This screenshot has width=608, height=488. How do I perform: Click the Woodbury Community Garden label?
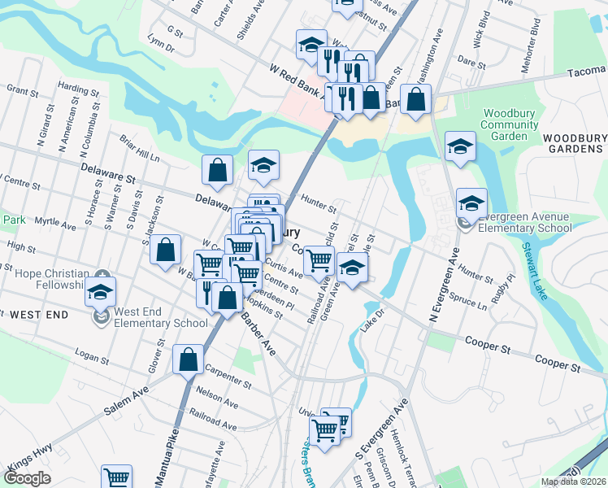(x=509, y=124)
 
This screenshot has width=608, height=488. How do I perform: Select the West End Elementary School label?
(x=160, y=317)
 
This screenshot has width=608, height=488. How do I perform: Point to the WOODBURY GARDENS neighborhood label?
(x=573, y=143)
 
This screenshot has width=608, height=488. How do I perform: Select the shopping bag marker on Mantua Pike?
(x=188, y=359)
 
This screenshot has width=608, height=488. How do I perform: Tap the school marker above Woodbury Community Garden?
(x=460, y=147)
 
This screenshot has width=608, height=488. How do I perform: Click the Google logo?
(x=28, y=478)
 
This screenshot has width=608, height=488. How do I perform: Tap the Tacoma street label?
(x=589, y=72)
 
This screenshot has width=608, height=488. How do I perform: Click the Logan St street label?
(x=91, y=355)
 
